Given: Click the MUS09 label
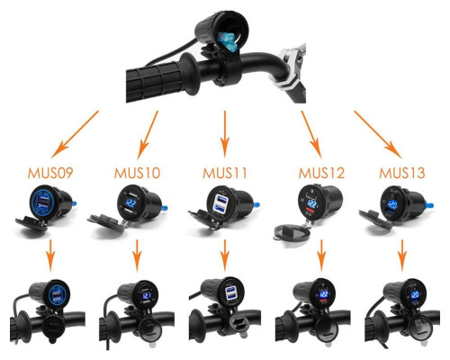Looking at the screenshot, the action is coord(50,173).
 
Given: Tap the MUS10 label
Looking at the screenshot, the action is coord(137,173).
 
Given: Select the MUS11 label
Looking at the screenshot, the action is coord(225,173).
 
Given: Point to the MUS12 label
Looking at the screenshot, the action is coord(321,173).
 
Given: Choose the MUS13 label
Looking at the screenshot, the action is coord(402,173).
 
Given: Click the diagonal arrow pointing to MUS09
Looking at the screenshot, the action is coord(75,134).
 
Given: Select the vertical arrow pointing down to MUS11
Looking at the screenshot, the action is coord(225,134).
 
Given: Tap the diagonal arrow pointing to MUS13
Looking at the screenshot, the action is coord(378,134).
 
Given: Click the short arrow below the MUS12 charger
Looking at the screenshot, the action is coord(321,256).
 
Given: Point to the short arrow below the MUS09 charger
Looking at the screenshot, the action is coord(50,256).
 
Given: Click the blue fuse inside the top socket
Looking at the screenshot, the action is coord(228,41).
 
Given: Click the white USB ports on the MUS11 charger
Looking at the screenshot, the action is coord(220,203).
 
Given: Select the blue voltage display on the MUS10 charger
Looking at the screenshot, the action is coord(131,203).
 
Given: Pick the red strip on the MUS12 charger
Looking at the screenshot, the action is coord(311,211).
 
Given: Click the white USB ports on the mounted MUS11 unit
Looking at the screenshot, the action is coord(230,293).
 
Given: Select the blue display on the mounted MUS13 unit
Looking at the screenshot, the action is coord(416,294).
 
